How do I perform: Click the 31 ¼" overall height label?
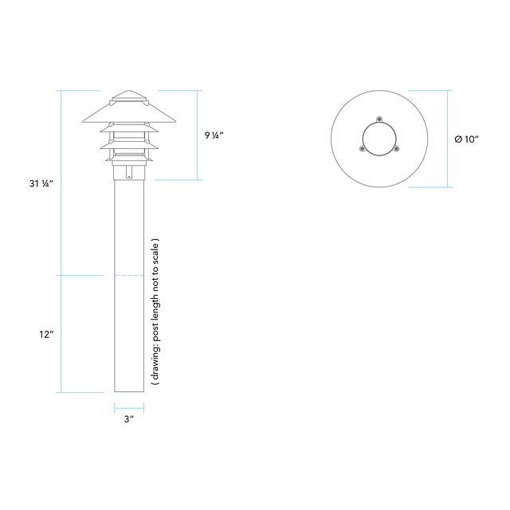41,184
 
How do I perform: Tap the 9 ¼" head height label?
214,135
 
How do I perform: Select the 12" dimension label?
46,334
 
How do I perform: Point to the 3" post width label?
129,419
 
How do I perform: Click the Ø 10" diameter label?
467,139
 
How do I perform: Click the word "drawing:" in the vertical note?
156,361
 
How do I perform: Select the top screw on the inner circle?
379,119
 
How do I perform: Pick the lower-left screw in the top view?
362,149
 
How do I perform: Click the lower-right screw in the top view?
396,149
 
